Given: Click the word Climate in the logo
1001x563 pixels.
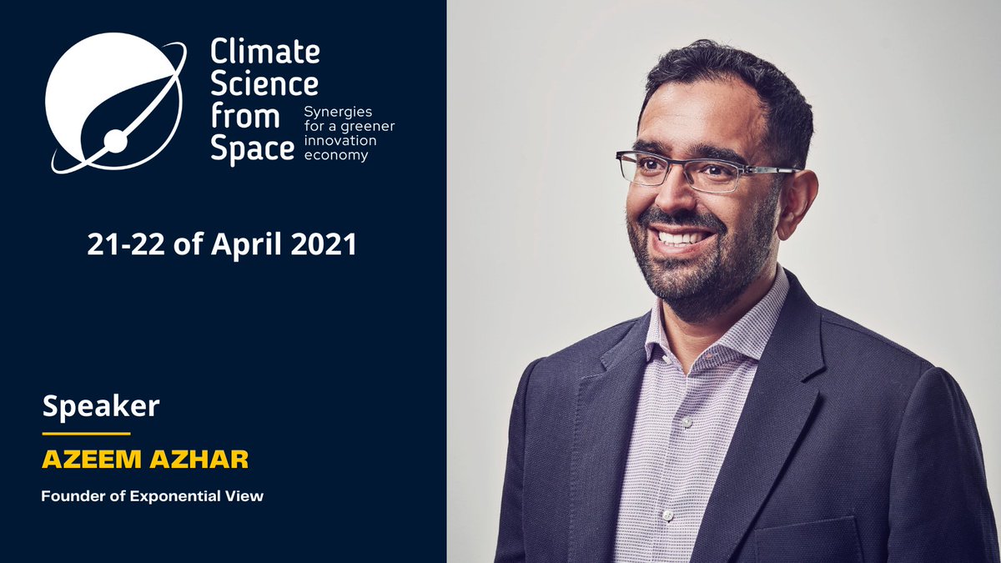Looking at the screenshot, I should point(264,52).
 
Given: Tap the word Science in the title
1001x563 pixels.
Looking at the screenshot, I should point(264,83).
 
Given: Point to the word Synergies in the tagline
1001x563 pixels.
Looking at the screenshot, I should point(339,111).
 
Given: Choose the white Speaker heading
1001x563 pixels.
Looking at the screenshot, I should point(100,407).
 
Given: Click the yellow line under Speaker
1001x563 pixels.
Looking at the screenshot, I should point(86,434).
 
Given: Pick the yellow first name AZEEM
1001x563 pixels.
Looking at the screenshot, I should point(79,461).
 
